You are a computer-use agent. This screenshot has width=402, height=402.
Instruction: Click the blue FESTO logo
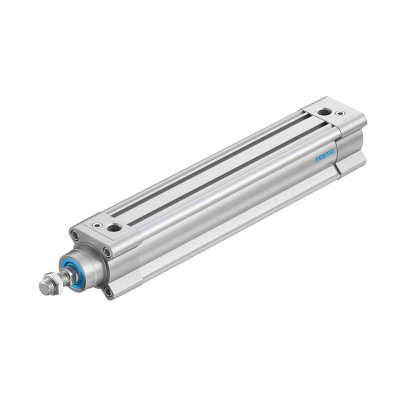click(x=325, y=156)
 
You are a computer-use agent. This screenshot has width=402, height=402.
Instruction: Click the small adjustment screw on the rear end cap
click(x=340, y=113)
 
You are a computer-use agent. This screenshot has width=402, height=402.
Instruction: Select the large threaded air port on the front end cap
click(x=114, y=227)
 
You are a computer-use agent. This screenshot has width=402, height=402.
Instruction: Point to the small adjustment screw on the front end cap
click(x=97, y=225)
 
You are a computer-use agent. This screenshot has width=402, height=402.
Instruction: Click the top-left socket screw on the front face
click(x=74, y=235)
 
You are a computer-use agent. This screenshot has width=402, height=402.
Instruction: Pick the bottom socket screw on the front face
click(x=108, y=291)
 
